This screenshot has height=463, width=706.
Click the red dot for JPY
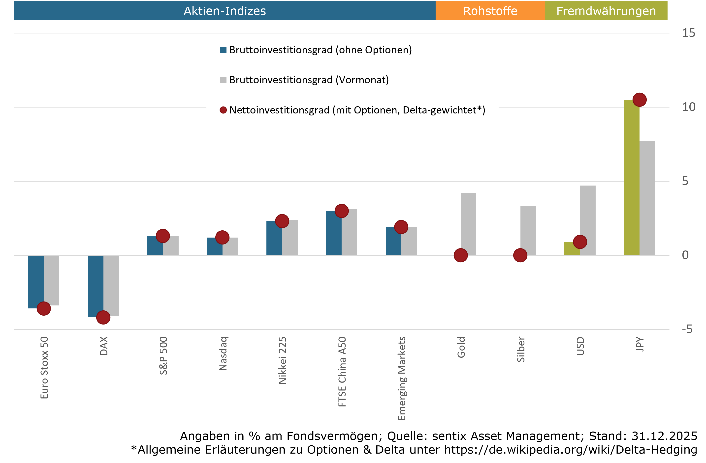pyautogui.click(x=639, y=100)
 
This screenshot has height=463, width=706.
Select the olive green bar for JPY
pyautogui.click(x=631, y=178)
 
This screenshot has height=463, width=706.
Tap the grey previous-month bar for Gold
pyautogui.click(x=468, y=224)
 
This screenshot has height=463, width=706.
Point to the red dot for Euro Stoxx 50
pyautogui.click(x=44, y=309)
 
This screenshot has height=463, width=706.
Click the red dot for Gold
pyautogui.click(x=461, y=255)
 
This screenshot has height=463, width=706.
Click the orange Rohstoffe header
pyautogui.click(x=490, y=11)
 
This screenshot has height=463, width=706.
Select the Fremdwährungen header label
pyautogui.click(x=606, y=11)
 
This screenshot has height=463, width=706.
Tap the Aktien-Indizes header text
pyautogui.click(x=225, y=11)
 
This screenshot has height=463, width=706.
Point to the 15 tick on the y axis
pyautogui.click(x=688, y=33)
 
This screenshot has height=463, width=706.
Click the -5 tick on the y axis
pyautogui.click(x=687, y=329)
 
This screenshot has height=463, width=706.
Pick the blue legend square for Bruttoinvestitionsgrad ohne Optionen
pyautogui.click(x=223, y=50)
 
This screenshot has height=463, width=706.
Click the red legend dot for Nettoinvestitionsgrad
pyautogui.click(x=223, y=110)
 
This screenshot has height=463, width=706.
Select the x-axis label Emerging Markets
pyautogui.click(x=401, y=378)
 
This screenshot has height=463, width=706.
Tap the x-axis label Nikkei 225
pyautogui.click(x=282, y=360)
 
